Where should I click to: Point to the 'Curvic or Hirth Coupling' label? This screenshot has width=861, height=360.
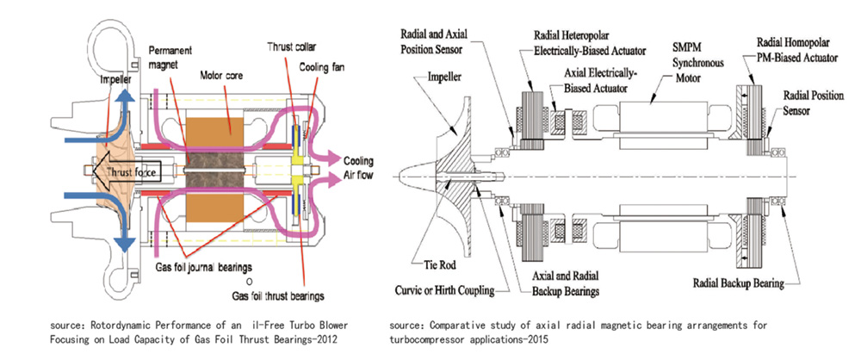coord(444,291)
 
